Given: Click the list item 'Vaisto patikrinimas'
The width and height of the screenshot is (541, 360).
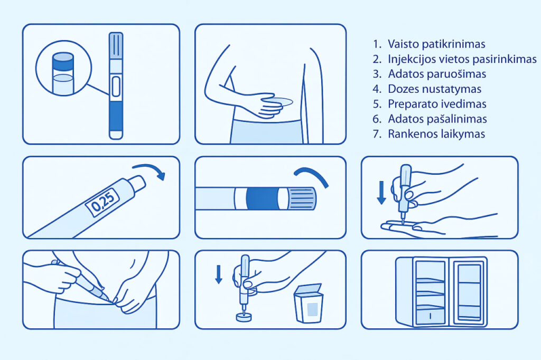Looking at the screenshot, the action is [436, 44].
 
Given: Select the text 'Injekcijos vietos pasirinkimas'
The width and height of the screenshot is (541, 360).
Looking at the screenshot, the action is [462, 59].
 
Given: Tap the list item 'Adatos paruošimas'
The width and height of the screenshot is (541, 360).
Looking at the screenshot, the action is [437, 74].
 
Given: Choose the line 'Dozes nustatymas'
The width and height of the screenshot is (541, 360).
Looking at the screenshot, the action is [434, 89].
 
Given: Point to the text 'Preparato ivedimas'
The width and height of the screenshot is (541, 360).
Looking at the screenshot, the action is [437, 104].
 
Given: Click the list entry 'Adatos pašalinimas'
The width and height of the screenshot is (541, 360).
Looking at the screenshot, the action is [437, 119].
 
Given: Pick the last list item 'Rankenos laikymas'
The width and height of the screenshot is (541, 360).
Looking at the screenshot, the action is [436, 134].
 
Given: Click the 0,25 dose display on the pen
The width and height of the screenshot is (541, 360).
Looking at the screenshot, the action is [102, 202].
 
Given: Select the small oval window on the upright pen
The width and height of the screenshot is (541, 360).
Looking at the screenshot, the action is [116, 87].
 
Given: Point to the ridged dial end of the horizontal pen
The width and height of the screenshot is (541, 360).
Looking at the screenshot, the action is [301, 198].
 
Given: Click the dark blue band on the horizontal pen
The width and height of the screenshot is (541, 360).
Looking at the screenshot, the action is [262, 198].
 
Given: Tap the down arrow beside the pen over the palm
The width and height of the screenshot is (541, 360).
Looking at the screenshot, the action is [381, 193].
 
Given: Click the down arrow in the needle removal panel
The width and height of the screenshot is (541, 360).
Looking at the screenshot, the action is [218, 274].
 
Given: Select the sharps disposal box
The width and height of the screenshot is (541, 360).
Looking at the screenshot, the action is [308, 304].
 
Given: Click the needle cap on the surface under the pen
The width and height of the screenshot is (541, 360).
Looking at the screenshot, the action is [244, 317].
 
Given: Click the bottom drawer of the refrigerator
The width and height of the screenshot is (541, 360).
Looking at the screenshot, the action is [430, 316].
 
